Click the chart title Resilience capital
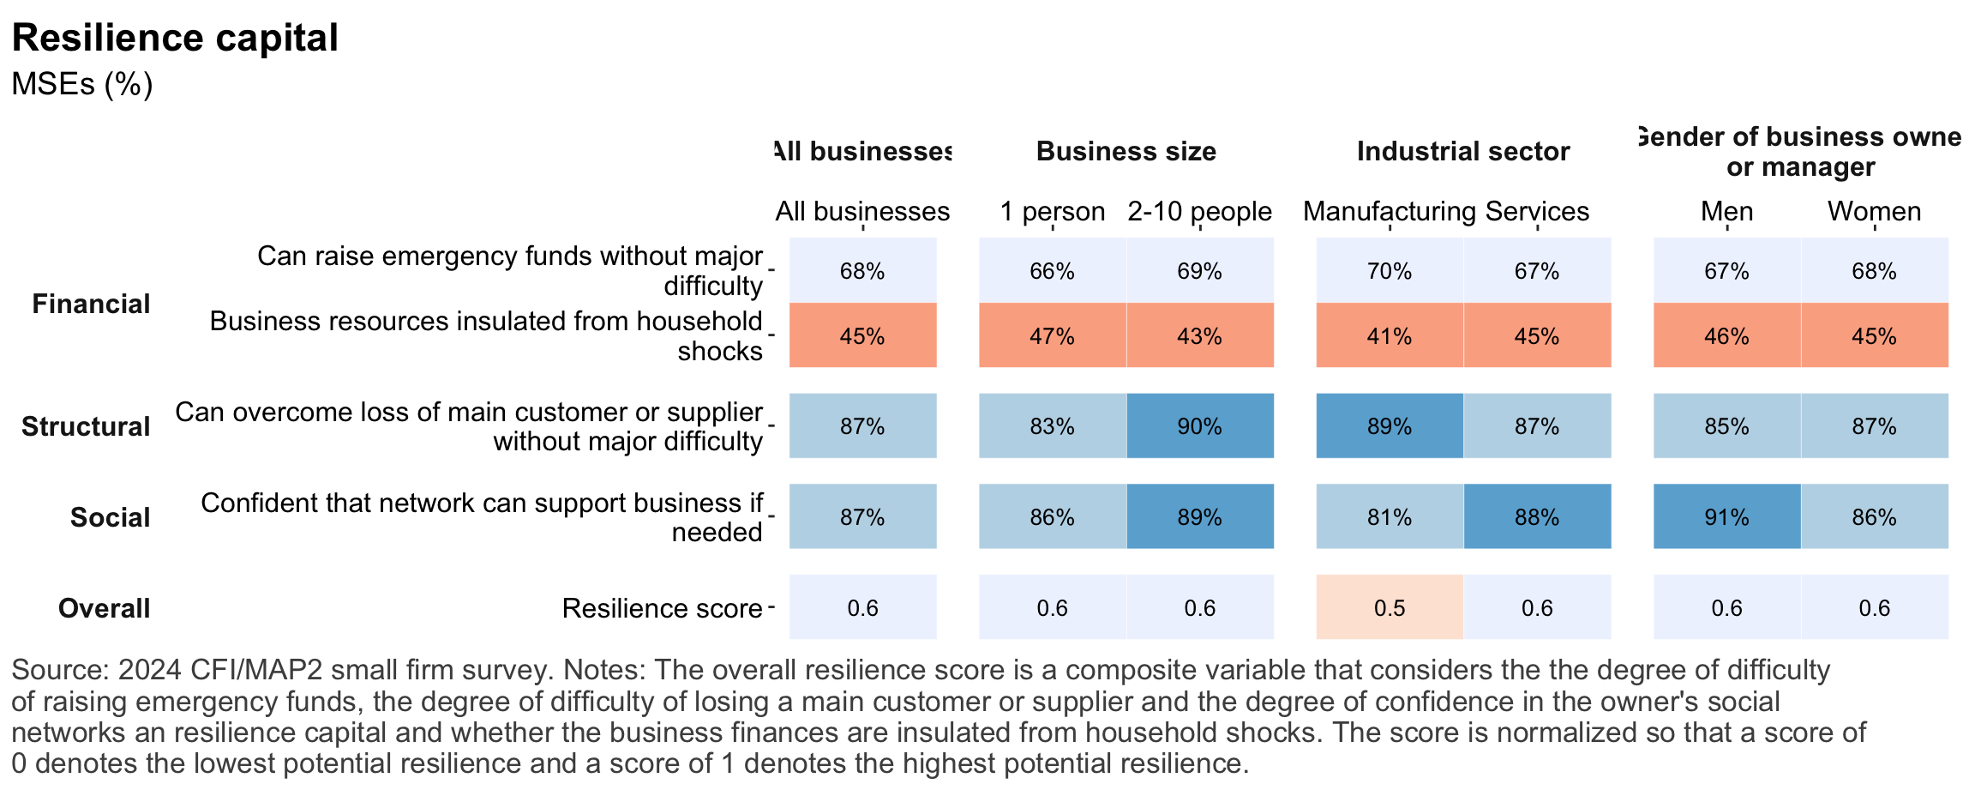click(175, 39)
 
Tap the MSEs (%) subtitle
click(82, 84)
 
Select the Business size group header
click(1126, 152)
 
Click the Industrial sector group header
click(1462, 152)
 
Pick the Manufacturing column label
click(1389, 211)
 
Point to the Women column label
click(1874, 211)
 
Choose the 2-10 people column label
click(1199, 211)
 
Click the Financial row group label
click(91, 304)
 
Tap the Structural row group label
click(86, 426)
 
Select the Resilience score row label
click(662, 608)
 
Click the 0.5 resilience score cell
click(1389, 607)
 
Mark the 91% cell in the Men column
click(1726, 516)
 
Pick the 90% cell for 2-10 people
click(1199, 426)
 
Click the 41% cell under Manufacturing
click(1389, 335)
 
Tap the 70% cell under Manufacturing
click(1389, 271)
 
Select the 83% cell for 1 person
click(1052, 426)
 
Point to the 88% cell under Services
click(1536, 516)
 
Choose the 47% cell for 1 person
click(1052, 335)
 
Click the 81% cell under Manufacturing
click(1389, 516)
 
